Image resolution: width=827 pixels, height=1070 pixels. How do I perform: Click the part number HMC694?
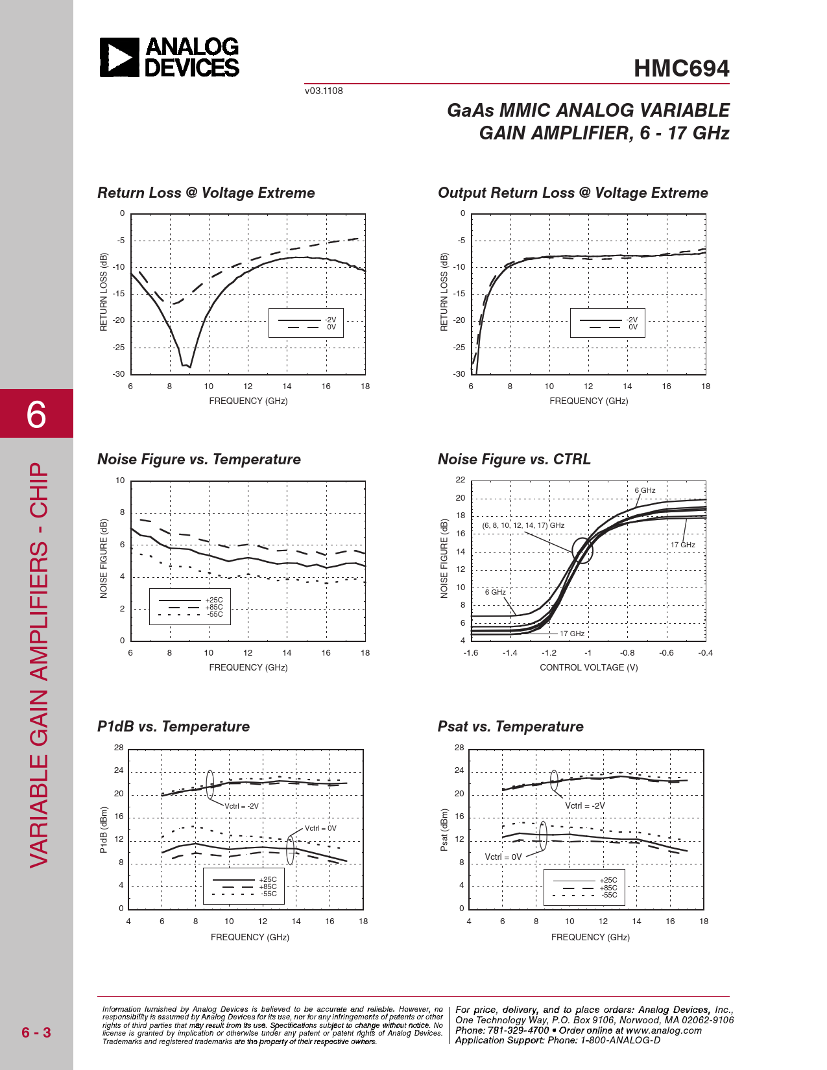[681, 69]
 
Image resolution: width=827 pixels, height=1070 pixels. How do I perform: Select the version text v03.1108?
[324, 91]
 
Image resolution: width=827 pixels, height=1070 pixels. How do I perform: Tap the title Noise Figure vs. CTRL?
[514, 459]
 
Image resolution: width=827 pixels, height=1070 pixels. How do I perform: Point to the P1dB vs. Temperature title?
[173, 726]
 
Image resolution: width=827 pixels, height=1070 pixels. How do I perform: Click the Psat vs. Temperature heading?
[510, 726]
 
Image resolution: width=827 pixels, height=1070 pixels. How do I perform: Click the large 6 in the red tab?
[36, 414]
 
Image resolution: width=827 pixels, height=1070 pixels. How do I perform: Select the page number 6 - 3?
[36, 1032]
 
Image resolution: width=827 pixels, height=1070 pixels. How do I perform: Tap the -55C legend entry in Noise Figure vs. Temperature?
[215, 614]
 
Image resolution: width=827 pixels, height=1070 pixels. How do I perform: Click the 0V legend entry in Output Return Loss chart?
[633, 327]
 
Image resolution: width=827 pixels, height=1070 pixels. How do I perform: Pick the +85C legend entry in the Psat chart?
[608, 888]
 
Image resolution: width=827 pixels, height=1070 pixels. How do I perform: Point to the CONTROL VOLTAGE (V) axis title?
[588, 667]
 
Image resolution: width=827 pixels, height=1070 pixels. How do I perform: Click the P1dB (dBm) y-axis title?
[104, 829]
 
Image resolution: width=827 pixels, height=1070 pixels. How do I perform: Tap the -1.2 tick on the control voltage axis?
[549, 653]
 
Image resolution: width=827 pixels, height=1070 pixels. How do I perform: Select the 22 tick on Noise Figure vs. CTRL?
[461, 480]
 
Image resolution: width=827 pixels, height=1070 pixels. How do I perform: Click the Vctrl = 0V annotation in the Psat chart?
[503, 857]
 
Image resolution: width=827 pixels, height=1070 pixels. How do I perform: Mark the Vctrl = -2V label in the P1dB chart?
[241, 806]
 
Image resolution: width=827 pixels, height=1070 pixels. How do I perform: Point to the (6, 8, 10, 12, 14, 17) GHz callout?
[523, 525]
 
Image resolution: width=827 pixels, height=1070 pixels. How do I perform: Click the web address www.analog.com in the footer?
[664, 1030]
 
